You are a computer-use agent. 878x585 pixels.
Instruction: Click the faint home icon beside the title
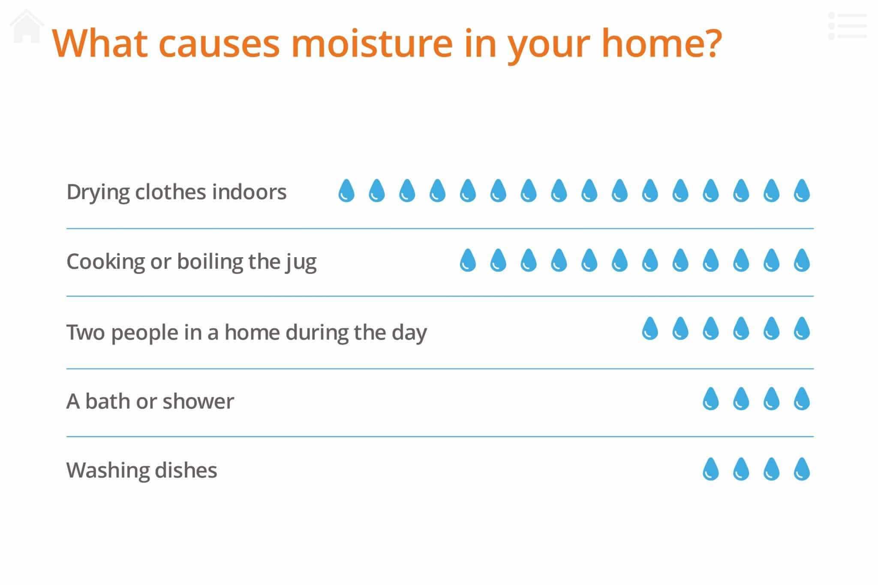click(27, 27)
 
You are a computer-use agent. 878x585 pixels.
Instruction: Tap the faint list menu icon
click(848, 26)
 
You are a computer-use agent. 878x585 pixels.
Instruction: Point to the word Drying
click(98, 192)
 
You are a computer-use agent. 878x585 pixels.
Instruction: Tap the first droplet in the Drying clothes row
click(346, 191)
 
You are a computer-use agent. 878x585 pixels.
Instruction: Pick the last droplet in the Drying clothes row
click(802, 191)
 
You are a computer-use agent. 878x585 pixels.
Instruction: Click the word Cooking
click(105, 262)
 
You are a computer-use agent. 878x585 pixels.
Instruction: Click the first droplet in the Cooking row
click(468, 261)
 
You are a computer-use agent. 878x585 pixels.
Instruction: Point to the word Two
click(86, 333)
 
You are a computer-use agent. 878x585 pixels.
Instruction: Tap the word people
click(144, 333)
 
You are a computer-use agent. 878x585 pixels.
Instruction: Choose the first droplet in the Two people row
click(650, 329)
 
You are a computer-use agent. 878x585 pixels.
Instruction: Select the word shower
click(198, 402)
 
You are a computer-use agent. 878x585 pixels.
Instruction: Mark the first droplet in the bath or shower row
click(710, 399)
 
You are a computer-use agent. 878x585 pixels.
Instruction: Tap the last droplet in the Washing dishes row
click(802, 469)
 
